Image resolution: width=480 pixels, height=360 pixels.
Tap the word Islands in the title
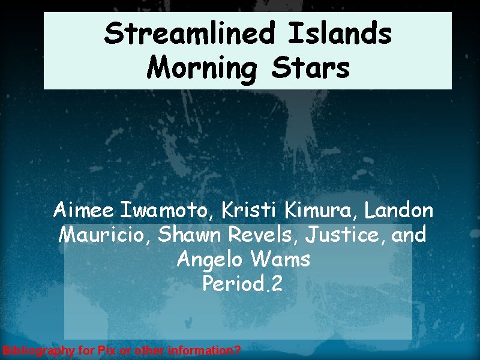coord(340,34)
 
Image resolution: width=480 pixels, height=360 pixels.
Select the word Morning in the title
coord(201,68)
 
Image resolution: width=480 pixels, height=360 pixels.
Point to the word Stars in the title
coord(310,68)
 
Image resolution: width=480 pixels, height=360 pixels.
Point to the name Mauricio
coord(105,235)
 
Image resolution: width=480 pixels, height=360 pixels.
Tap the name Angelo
coord(205,259)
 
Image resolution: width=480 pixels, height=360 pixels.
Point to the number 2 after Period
coord(275,283)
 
